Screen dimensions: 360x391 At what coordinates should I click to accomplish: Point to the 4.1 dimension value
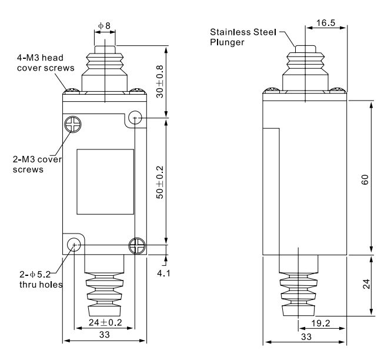(176, 273)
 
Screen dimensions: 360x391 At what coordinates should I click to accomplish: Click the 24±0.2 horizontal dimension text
(105, 322)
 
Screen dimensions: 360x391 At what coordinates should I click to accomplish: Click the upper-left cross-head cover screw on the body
(70, 124)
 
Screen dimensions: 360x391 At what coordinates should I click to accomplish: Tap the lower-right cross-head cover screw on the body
(136, 245)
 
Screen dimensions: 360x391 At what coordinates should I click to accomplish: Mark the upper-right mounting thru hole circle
(135, 118)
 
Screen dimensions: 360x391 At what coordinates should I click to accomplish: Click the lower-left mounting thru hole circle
(73, 245)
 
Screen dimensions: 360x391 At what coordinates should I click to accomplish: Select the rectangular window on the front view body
(105, 182)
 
